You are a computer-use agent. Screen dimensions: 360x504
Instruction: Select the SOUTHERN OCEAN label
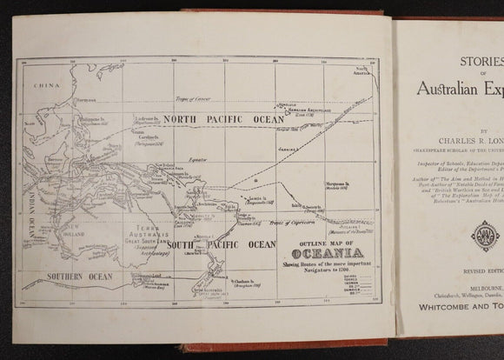click(58, 278)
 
